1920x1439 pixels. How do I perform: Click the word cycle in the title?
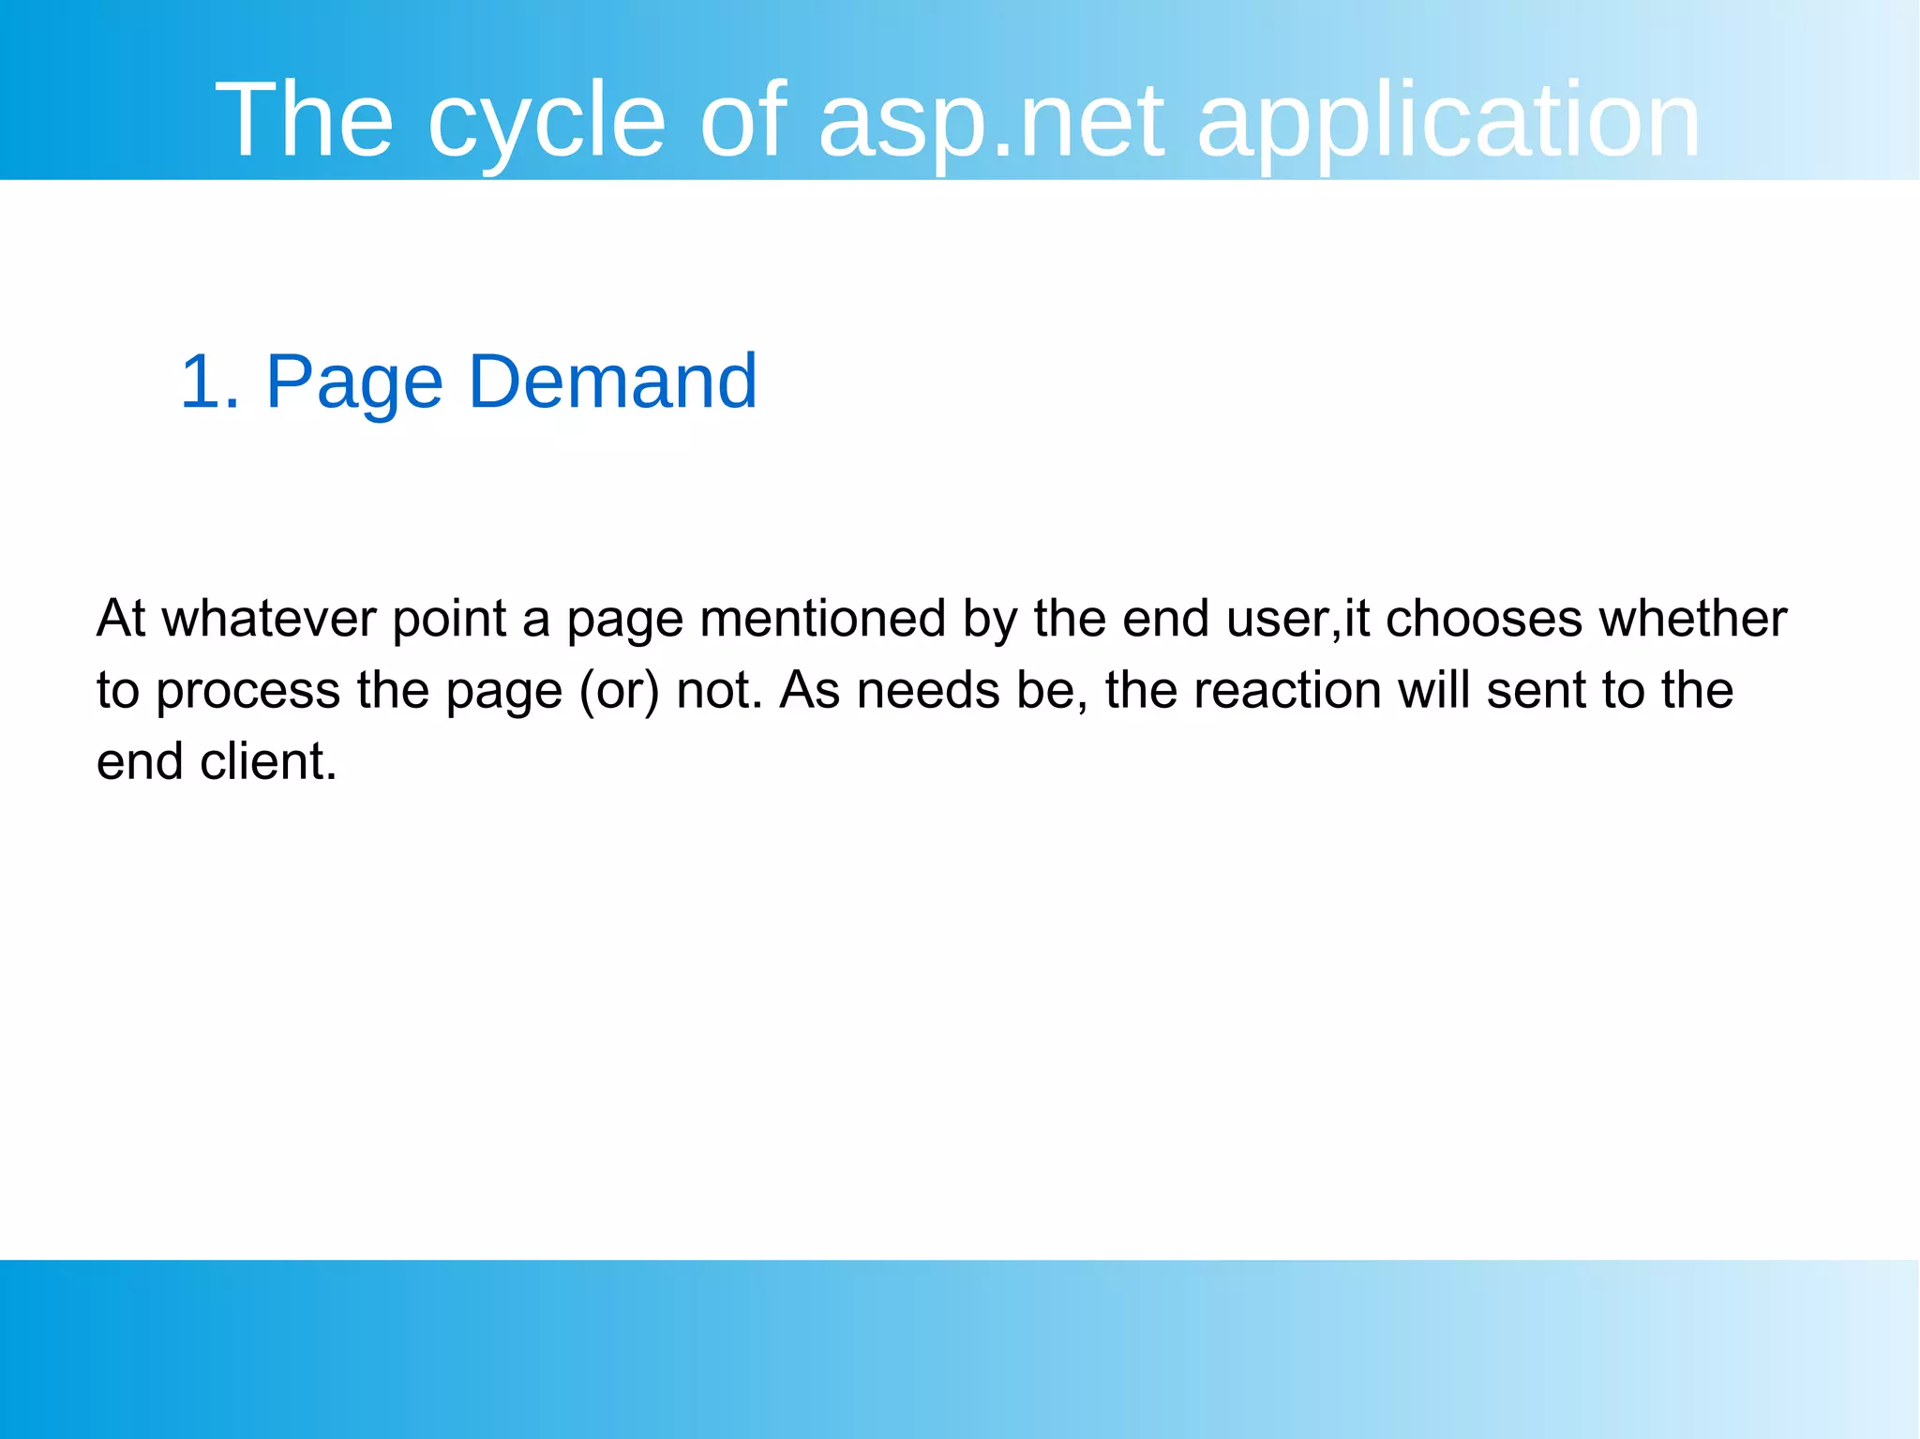click(546, 122)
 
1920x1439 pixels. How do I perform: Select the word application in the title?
click(1448, 122)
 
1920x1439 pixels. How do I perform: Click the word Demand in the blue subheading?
click(612, 382)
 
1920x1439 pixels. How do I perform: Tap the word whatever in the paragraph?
click(269, 619)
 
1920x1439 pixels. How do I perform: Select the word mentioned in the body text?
click(822, 619)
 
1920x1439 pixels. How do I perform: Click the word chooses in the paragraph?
click(1483, 619)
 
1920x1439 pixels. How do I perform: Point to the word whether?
click(1692, 619)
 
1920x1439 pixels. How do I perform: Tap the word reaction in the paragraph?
click(1287, 691)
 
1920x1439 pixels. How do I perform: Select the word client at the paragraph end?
click(267, 761)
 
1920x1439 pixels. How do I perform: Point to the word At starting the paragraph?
click(121, 619)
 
